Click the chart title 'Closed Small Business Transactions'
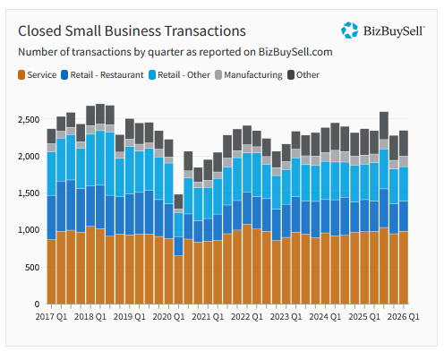tap(132, 31)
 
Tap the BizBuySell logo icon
tap(349, 30)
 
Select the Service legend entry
tap(38, 74)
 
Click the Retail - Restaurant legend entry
tap(102, 74)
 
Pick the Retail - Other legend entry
tap(179, 74)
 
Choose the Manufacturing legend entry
tap(249, 74)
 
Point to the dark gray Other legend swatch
tap(291, 74)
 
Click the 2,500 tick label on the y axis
tap(29, 120)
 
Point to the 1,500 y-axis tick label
tap(29, 193)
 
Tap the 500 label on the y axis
tap(32, 267)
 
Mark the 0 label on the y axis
tap(37, 304)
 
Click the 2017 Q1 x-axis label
tap(51, 317)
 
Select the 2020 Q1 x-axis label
tap(168, 317)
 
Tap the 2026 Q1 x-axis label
tap(404, 317)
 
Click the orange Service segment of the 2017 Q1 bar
tap(51, 271)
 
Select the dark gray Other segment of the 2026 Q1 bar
tap(404, 143)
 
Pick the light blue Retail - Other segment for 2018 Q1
tap(100, 158)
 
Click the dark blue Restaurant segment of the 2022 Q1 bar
tap(247, 208)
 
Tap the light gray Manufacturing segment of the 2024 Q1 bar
tap(335, 156)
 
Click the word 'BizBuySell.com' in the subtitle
tap(295, 52)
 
